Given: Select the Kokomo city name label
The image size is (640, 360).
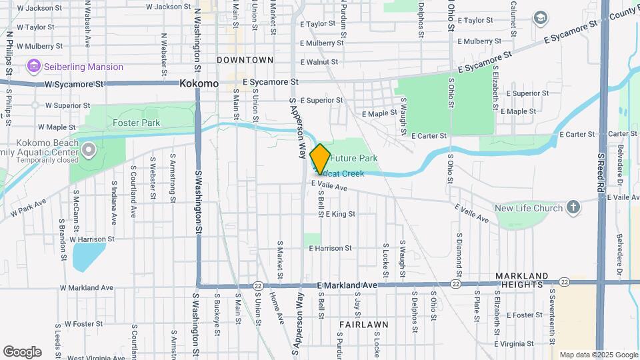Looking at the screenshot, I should pos(199,84).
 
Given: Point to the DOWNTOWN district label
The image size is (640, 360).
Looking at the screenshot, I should pos(245,60).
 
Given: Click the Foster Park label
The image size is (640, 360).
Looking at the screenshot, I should pos(136,123).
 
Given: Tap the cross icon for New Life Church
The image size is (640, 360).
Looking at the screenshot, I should pos(573,208).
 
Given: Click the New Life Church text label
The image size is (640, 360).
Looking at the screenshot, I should pos(529,208).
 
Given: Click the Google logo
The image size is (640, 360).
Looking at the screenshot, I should pos(22,352).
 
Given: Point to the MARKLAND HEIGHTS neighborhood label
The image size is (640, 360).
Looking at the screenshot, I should pos(531,280).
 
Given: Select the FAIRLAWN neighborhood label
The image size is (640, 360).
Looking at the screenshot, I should pos(363,325).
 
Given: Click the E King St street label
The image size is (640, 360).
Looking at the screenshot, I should pos(341,214).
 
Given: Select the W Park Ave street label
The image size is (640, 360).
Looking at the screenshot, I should pos(27,207).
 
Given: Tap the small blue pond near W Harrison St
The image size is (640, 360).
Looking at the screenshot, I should pos(89,256).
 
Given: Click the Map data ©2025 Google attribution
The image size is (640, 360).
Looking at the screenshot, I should pos(598,355).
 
